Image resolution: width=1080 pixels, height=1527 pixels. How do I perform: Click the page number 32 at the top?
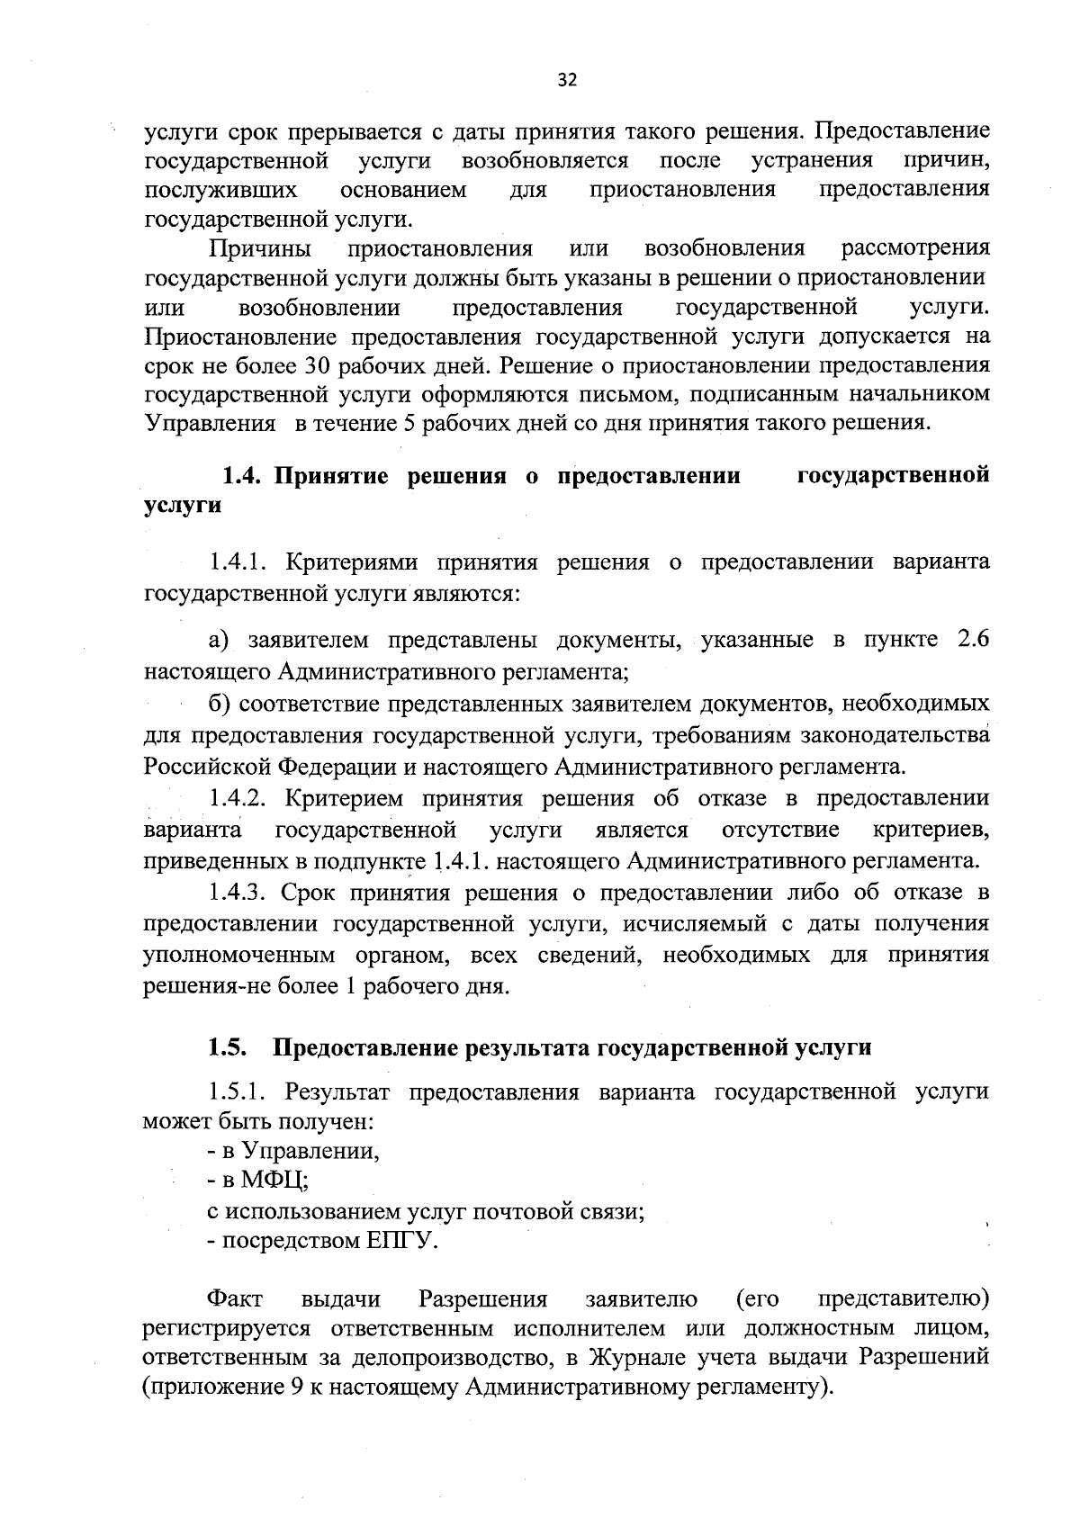point(566,80)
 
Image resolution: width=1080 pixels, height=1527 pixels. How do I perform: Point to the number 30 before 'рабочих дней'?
point(322,366)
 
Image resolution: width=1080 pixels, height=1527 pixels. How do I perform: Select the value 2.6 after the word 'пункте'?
point(971,640)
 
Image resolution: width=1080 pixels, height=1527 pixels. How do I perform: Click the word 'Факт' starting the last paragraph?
point(235,1299)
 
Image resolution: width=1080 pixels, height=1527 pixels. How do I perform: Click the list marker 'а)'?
point(220,640)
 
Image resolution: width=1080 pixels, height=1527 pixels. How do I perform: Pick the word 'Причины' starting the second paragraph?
point(261,248)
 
